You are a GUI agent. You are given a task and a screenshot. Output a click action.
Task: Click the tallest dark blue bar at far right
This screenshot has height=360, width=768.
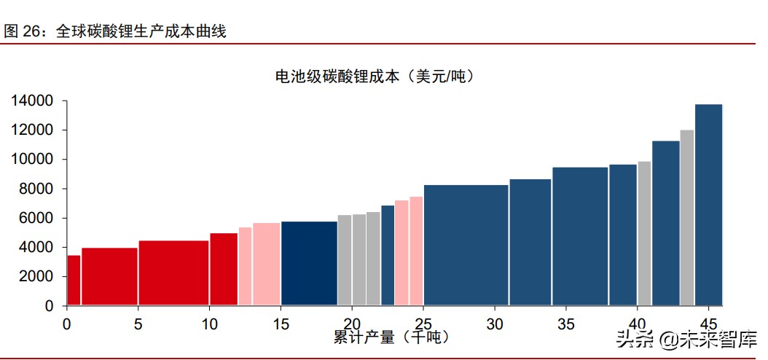(708, 205)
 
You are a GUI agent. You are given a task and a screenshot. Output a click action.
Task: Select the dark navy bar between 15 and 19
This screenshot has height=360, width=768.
(309, 263)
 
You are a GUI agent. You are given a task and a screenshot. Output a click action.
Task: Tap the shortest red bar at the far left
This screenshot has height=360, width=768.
(74, 280)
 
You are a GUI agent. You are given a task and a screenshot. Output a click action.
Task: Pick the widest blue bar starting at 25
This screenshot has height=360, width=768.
(466, 245)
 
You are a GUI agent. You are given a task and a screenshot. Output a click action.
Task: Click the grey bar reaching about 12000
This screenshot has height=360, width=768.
(686, 217)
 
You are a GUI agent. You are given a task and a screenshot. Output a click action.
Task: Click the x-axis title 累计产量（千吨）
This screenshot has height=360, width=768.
(391, 337)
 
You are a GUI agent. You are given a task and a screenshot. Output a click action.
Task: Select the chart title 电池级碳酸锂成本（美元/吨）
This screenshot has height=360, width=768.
(374, 76)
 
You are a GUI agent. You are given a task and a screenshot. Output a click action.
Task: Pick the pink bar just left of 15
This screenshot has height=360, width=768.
(266, 264)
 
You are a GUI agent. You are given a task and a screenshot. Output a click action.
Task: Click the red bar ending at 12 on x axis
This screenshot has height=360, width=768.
(224, 269)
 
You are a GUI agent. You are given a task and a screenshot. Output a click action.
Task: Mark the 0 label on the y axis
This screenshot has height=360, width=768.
(50, 306)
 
